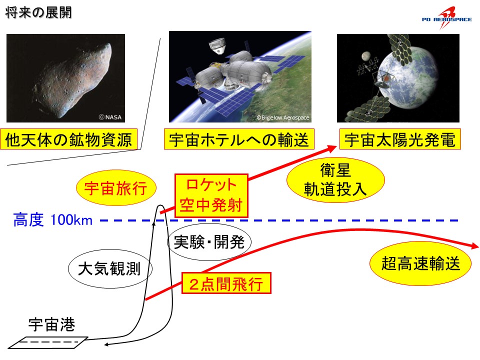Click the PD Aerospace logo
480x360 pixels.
pos(446,18)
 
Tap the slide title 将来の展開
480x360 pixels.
pos(38,13)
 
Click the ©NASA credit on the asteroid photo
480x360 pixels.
pos(110,117)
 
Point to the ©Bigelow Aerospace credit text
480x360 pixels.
pos(283,117)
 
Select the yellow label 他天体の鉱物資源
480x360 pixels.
pos(68,139)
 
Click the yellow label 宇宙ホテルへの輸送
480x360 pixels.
pos(239,139)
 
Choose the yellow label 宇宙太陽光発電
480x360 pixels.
pos(400,139)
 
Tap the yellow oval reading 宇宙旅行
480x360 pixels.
pos(116,187)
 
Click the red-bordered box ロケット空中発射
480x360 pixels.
pos(211,195)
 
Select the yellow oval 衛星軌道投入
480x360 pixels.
pos(335,179)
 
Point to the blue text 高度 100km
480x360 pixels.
pos(52,220)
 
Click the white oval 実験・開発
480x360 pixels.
pos(209,242)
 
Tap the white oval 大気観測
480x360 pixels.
pos(110,269)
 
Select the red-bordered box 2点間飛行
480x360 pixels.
pos(226,283)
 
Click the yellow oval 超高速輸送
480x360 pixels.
pos(420,263)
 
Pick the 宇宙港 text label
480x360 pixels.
pos(51,324)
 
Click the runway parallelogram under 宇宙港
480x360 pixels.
pos(48,342)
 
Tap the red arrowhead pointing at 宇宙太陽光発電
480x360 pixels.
pos(331,148)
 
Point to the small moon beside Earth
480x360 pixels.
pos(365,56)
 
